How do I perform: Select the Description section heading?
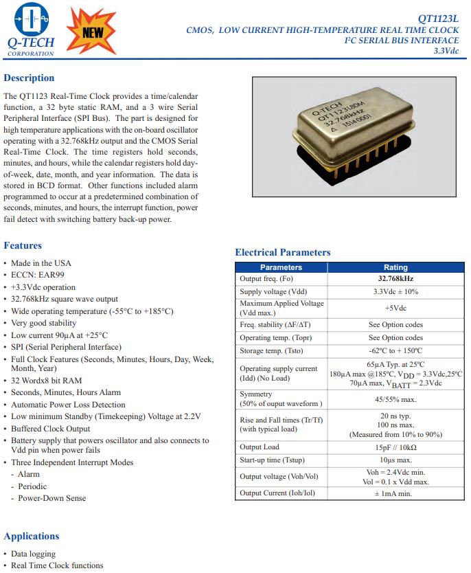pyautogui.click(x=29, y=78)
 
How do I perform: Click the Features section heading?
pyautogui.click(x=23, y=245)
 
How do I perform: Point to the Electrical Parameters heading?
pyautogui.click(x=282, y=252)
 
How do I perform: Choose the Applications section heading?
pyautogui.click(x=32, y=536)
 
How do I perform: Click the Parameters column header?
pyautogui.click(x=282, y=267)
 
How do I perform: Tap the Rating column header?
pyautogui.click(x=395, y=267)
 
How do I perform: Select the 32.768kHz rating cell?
pyautogui.click(x=395, y=279)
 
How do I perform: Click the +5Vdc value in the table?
pyautogui.click(x=395, y=308)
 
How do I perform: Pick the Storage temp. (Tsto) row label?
pyautogui.click(x=271, y=350)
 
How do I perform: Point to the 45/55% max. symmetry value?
pyautogui.click(x=395, y=399)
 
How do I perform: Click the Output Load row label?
pyautogui.click(x=260, y=447)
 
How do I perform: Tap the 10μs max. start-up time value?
pyautogui.click(x=395, y=460)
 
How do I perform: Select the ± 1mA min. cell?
pyautogui.click(x=395, y=493)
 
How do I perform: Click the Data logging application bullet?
pyautogui.click(x=33, y=554)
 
